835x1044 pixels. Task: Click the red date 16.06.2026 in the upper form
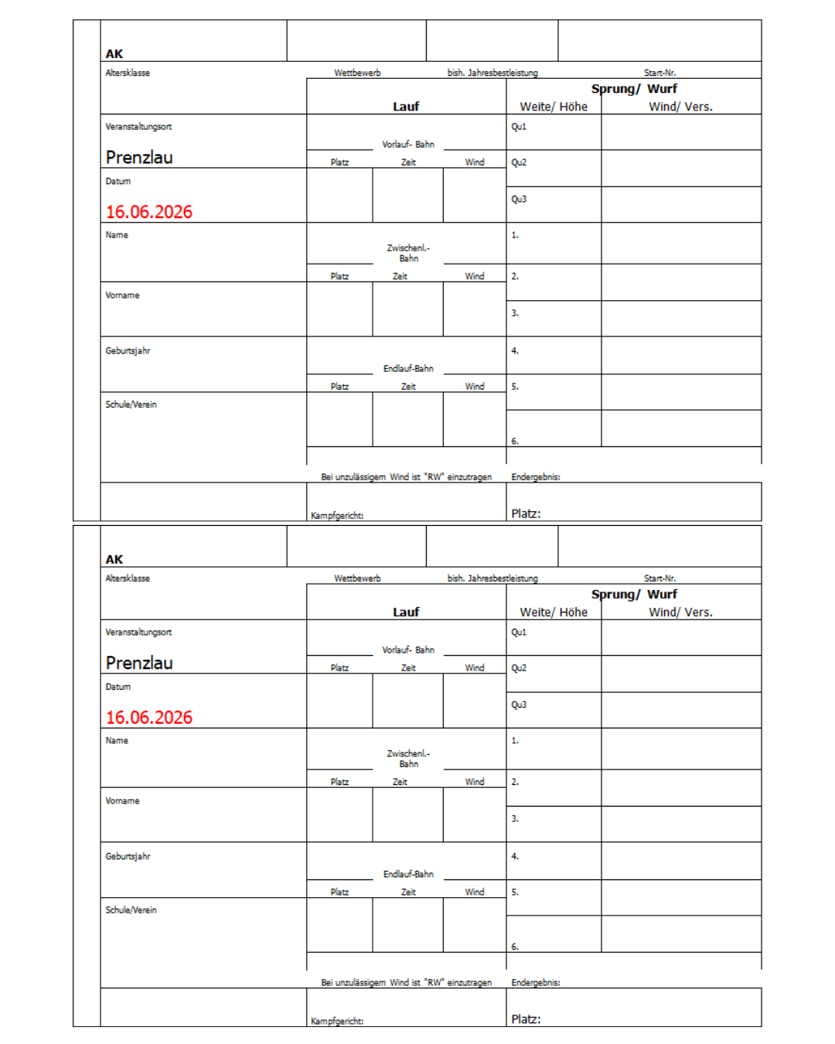tap(149, 212)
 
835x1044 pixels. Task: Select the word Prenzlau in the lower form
tap(139, 663)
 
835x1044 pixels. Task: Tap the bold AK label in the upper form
tap(114, 54)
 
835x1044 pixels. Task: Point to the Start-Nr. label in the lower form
tap(659, 578)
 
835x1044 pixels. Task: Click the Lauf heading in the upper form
tap(406, 107)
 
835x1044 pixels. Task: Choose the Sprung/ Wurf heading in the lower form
tap(634, 594)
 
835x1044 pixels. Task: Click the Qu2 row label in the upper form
tap(519, 162)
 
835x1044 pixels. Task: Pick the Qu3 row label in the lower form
tap(519, 705)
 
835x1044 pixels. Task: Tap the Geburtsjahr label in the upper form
tap(128, 351)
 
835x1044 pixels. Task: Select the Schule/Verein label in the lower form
tap(131, 910)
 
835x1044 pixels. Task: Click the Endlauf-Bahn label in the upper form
tap(408, 369)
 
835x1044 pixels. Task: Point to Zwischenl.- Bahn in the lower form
tap(408, 759)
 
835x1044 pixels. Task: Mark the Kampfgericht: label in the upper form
tap(337, 516)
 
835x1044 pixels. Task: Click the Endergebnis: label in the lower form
tap(536, 983)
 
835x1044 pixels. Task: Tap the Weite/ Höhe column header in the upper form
tap(554, 107)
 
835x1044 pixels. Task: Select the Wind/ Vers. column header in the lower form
tap(680, 612)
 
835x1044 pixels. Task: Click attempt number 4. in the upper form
tap(515, 351)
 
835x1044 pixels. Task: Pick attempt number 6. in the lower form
tap(515, 947)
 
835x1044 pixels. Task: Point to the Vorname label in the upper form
tap(122, 295)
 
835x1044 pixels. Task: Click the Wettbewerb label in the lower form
tap(357, 578)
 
